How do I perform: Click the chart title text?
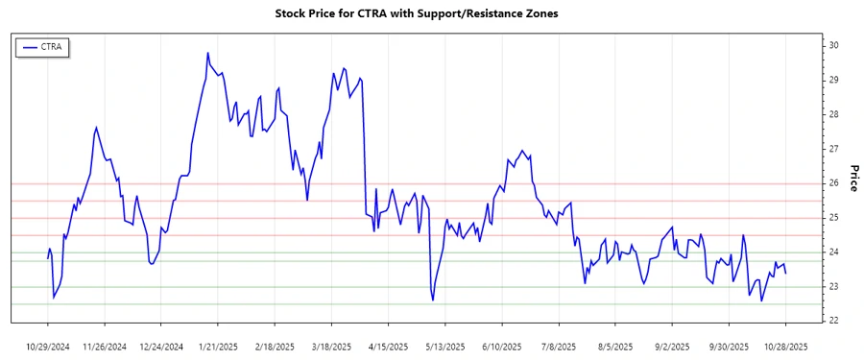pos(416,14)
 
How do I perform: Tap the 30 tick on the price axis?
pos(835,45)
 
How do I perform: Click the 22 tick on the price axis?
pos(835,321)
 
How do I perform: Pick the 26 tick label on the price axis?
pos(835,183)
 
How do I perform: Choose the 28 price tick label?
pos(835,114)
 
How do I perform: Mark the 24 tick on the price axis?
pos(835,252)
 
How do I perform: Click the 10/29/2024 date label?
pos(48,346)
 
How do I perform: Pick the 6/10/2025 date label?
pos(502,346)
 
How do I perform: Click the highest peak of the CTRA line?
pos(207,53)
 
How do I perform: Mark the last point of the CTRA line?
pos(786,274)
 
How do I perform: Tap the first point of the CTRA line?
pos(47,258)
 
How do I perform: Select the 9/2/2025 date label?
pos(672,346)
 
